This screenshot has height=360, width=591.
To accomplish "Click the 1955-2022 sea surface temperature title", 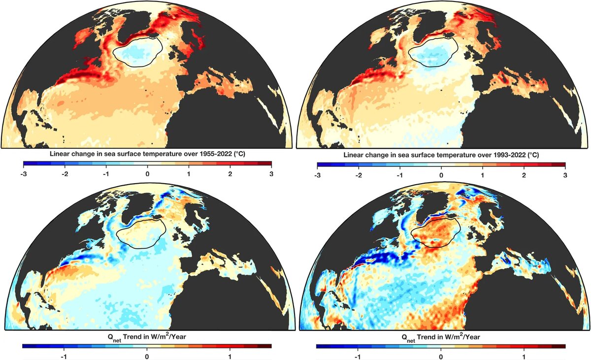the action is point(147,154).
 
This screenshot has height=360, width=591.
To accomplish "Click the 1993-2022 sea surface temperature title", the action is point(441,155).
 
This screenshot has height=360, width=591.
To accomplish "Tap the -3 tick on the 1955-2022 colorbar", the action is point(24,174).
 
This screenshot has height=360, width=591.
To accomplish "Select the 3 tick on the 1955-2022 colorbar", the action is point(271,174).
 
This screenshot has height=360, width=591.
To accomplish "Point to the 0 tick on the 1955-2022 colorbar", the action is point(147,174).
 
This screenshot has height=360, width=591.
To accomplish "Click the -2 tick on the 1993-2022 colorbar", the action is point(359,175).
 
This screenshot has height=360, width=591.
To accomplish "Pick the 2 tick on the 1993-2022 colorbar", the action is point(524,175).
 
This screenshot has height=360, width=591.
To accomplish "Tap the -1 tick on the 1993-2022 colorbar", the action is point(400,175).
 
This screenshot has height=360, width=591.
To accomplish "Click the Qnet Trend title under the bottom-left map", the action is point(147,337).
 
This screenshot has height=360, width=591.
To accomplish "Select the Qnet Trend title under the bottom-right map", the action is point(441,337).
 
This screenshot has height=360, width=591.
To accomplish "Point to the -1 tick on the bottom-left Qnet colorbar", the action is point(64,357).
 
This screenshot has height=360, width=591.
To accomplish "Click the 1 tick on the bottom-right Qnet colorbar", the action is point(524,357).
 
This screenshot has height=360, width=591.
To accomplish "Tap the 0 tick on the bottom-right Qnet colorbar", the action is point(441,357).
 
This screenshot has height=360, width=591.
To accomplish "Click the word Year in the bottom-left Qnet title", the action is point(179,336).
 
